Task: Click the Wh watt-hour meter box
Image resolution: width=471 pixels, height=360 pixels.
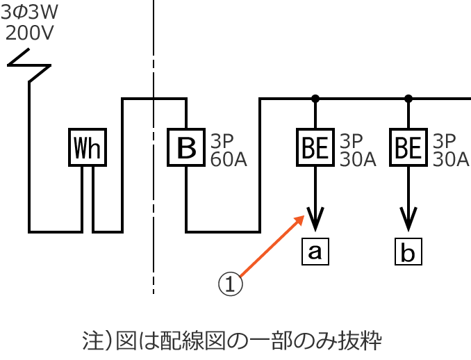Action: (88, 147)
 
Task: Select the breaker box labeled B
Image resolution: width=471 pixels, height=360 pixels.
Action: (185, 147)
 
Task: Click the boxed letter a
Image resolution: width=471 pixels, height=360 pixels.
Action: (315, 251)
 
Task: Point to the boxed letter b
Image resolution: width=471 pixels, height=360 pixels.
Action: (408, 252)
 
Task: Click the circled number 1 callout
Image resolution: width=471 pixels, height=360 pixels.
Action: (231, 284)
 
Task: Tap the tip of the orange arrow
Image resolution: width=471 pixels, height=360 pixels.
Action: (304, 216)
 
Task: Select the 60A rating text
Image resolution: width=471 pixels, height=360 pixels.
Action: (229, 159)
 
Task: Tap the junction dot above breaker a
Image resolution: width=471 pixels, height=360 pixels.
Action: (315, 98)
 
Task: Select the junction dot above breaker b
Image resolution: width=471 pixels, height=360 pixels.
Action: (408, 98)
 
